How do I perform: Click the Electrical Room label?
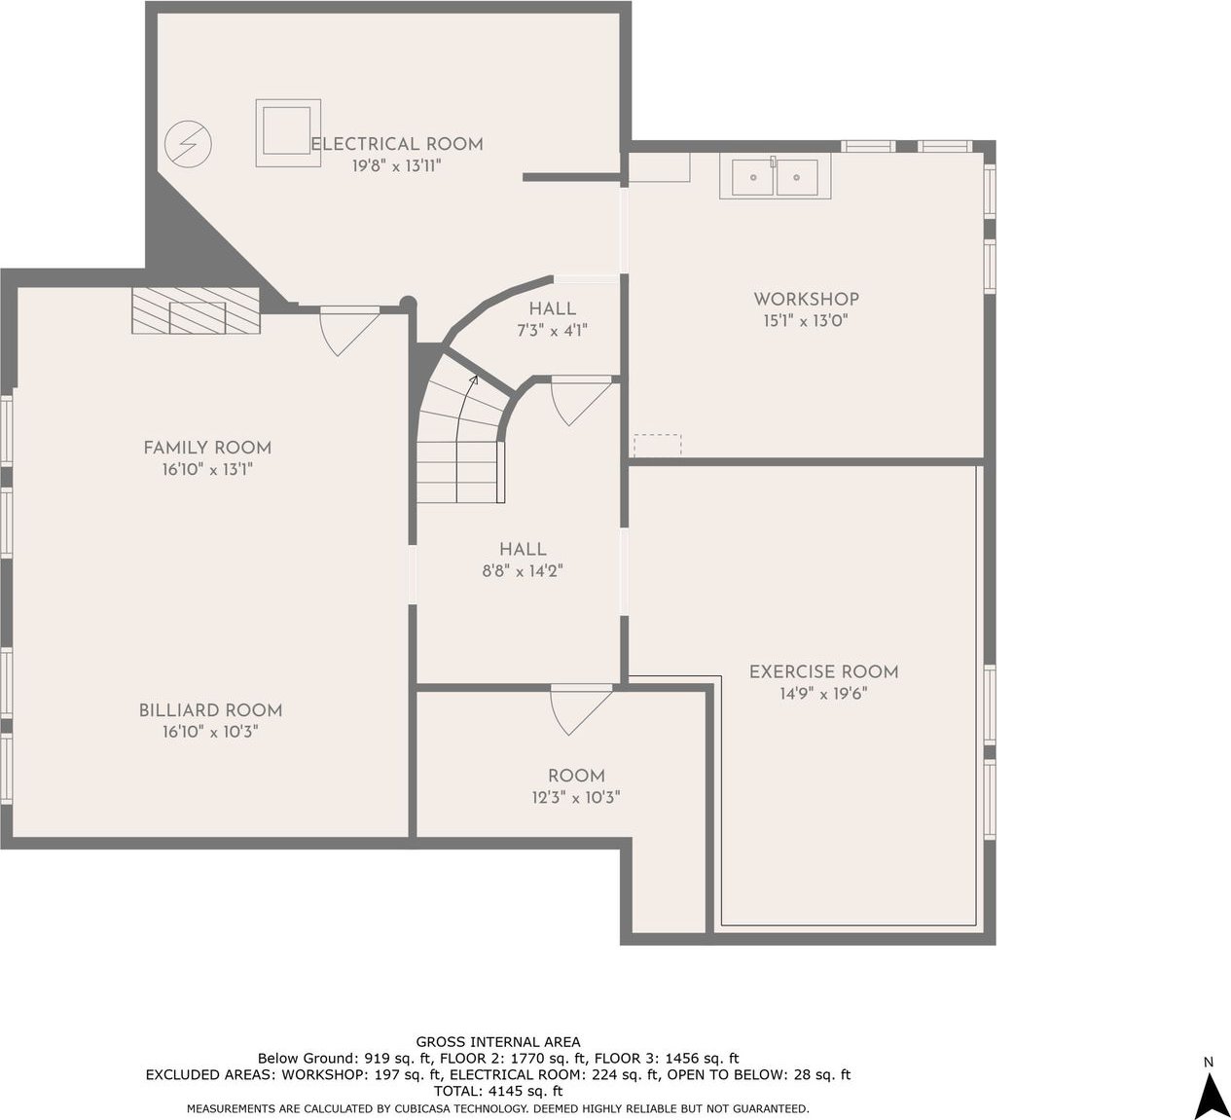(397, 144)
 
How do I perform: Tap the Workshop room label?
(806, 300)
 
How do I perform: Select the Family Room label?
(207, 448)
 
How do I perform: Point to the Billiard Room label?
(210, 710)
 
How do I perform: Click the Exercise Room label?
(823, 672)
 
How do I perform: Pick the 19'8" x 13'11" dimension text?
(396, 165)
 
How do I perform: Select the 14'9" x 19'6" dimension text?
(823, 694)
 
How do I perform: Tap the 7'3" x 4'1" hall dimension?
(553, 331)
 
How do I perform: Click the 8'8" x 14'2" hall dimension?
(523, 571)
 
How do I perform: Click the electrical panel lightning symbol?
(189, 145)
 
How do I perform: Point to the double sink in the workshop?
(775, 176)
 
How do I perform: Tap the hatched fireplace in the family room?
(196, 311)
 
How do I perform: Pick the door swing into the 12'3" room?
(581, 710)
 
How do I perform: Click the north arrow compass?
(1209, 1095)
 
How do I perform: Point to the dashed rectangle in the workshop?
(657, 445)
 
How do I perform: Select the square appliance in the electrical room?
(288, 132)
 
